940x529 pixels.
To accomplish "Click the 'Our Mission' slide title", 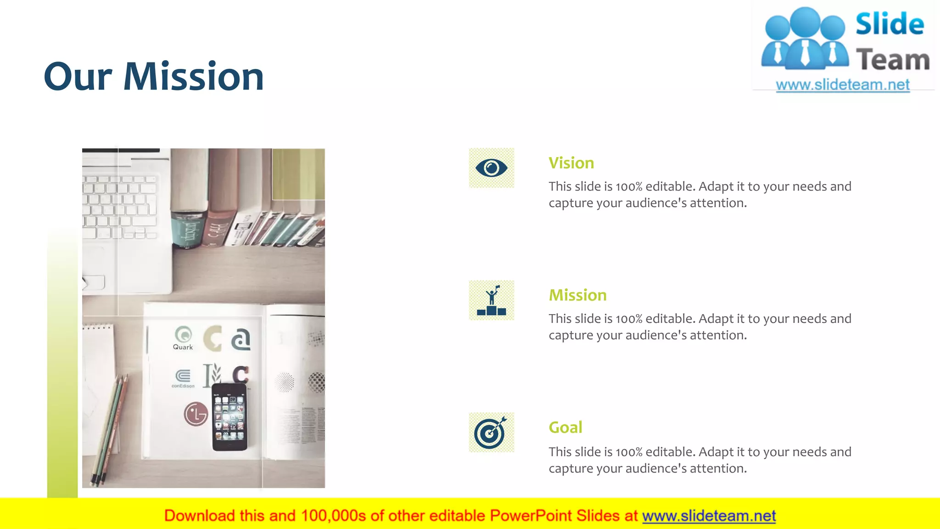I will [x=154, y=76].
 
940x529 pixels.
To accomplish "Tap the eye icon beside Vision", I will [x=491, y=168].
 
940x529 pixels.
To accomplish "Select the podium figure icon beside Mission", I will [x=491, y=301].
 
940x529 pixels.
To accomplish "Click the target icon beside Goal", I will [x=491, y=433].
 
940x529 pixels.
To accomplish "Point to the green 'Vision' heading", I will [x=571, y=163].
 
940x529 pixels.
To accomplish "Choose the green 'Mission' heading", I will [x=577, y=295].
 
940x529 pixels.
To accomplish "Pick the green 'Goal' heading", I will [x=565, y=428].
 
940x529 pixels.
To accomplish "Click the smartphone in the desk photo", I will [x=229, y=417].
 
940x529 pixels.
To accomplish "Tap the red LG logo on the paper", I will [x=196, y=414].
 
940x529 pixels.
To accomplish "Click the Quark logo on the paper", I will [x=183, y=338].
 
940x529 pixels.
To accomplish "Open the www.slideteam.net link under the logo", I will [x=842, y=85].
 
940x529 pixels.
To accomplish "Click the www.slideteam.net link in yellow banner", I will [x=709, y=516].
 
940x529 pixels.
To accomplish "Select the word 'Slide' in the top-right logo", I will [x=890, y=24].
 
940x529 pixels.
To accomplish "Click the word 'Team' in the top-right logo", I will [x=892, y=60].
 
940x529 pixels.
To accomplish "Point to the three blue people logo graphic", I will [x=805, y=39].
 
